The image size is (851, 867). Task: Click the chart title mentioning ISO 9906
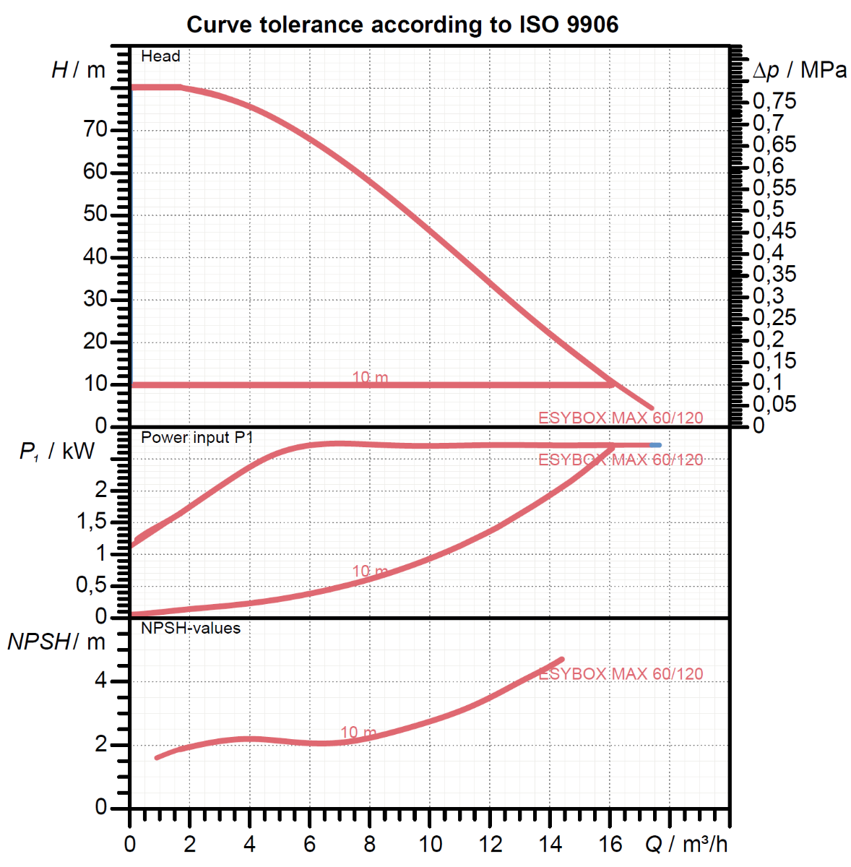click(402, 25)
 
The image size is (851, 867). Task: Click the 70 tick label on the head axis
click(95, 130)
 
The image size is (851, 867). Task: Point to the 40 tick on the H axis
click(95, 257)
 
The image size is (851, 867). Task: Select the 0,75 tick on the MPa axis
click(774, 100)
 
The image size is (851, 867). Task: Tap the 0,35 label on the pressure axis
click(774, 274)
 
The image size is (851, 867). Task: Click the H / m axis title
click(78, 70)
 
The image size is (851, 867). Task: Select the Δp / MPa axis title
click(799, 70)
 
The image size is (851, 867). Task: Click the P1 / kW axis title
click(56, 452)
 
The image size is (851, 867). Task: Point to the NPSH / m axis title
click(56, 642)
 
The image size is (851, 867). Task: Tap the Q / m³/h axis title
click(686, 844)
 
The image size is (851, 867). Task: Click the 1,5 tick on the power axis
click(92, 522)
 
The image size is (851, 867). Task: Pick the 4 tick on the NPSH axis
click(100, 681)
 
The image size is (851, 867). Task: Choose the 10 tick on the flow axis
click(430, 844)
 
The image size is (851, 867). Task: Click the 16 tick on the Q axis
click(610, 844)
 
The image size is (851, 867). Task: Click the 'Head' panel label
click(160, 56)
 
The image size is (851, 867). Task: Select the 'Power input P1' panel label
click(196, 438)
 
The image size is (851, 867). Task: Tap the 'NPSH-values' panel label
click(191, 629)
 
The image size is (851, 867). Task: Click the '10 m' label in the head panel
click(370, 377)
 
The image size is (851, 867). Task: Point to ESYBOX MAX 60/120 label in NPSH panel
click(621, 674)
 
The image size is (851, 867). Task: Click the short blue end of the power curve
click(655, 445)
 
